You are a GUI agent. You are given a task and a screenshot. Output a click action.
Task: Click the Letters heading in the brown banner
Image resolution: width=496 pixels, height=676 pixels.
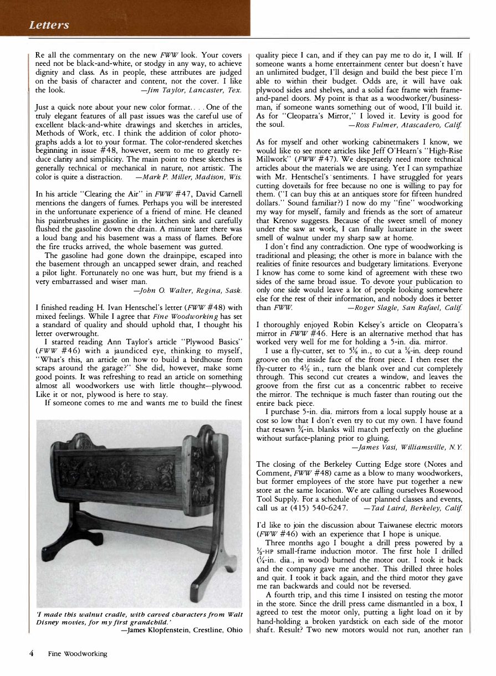(50, 25)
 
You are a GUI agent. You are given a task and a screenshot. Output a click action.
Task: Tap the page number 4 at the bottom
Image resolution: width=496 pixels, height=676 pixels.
(33, 653)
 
